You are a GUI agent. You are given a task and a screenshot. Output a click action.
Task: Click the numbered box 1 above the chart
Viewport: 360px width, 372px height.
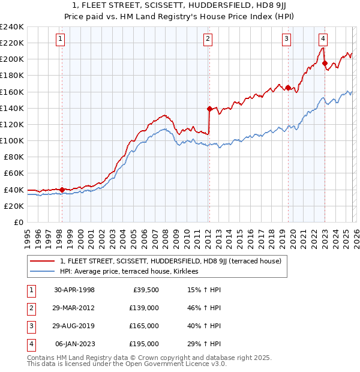(x=61, y=40)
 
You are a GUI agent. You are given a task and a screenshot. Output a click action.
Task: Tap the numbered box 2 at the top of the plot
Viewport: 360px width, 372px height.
(x=208, y=40)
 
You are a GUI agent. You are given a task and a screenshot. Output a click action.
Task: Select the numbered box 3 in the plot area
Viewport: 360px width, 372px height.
(x=287, y=40)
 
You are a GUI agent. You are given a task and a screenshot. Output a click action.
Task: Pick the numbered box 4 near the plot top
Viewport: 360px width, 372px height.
(x=323, y=40)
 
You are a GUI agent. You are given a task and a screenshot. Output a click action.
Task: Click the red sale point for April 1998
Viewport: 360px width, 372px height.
(x=62, y=190)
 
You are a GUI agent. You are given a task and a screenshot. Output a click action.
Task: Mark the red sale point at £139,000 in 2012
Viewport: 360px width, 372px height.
(x=209, y=109)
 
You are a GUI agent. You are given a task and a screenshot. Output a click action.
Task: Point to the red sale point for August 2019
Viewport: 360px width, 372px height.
(x=288, y=88)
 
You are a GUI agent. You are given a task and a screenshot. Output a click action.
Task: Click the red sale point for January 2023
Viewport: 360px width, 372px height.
(x=324, y=63)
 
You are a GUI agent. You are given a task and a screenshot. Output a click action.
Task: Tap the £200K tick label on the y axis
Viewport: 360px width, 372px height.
(x=12, y=59)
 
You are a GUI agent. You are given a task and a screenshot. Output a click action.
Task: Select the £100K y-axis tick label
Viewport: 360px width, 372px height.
(x=12, y=140)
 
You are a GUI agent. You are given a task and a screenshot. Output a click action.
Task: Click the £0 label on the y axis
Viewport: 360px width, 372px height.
(x=18, y=222)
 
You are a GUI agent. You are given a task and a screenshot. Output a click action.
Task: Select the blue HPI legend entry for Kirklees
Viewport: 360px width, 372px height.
(x=132, y=271)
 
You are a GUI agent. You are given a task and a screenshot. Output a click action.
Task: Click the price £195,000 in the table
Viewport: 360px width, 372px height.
(x=144, y=344)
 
